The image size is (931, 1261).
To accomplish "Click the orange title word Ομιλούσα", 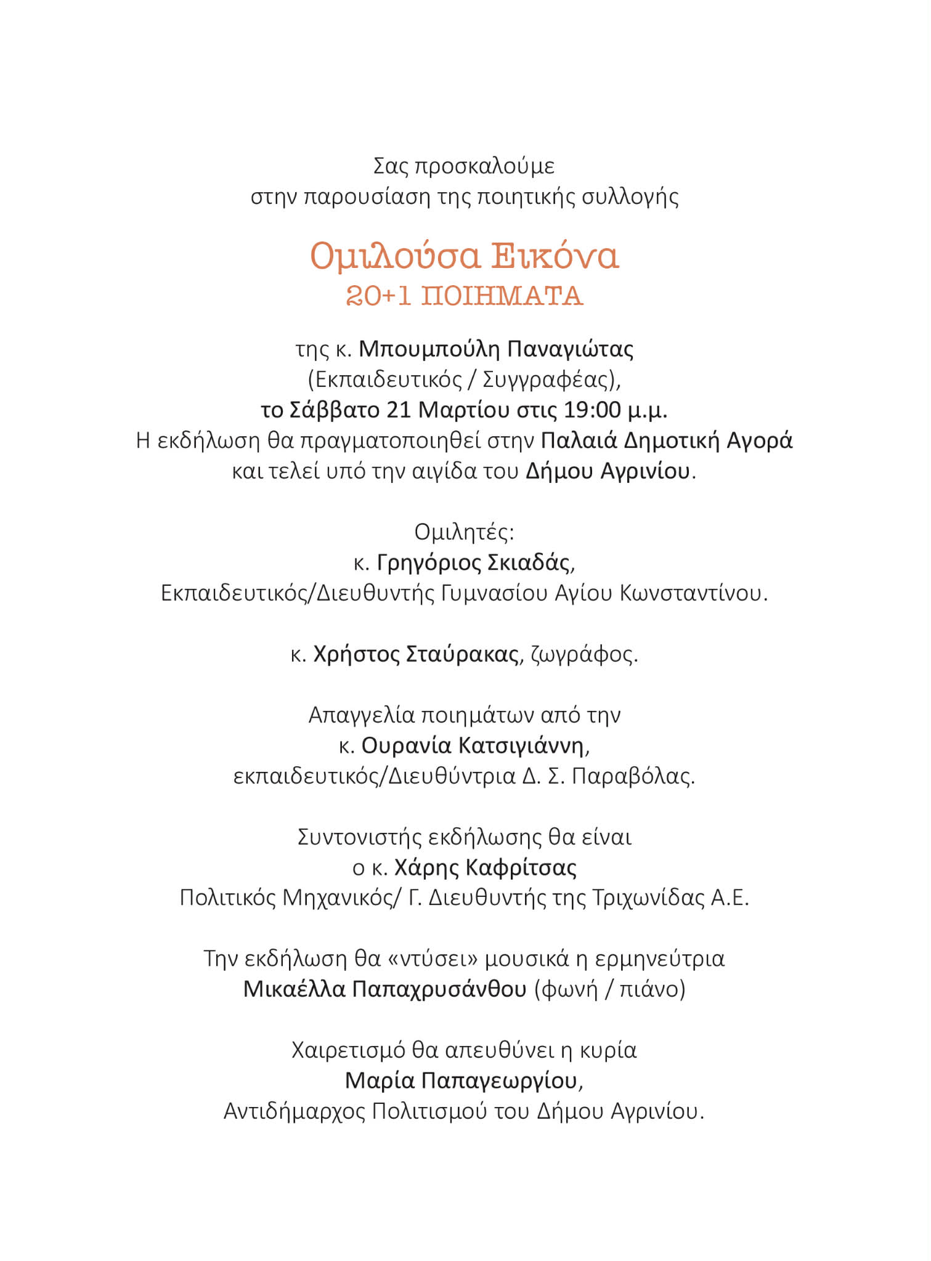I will (x=394, y=256).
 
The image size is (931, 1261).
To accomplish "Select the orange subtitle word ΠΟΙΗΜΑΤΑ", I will (x=502, y=296).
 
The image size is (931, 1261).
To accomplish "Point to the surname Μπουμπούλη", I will (x=429, y=349).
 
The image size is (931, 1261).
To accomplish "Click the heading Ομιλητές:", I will (x=464, y=532).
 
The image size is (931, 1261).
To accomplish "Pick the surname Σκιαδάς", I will (x=530, y=562).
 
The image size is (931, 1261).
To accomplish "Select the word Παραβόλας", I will (x=633, y=776).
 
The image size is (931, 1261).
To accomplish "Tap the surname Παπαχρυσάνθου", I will (x=439, y=989).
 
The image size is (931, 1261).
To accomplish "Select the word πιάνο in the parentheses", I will (x=652, y=989).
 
